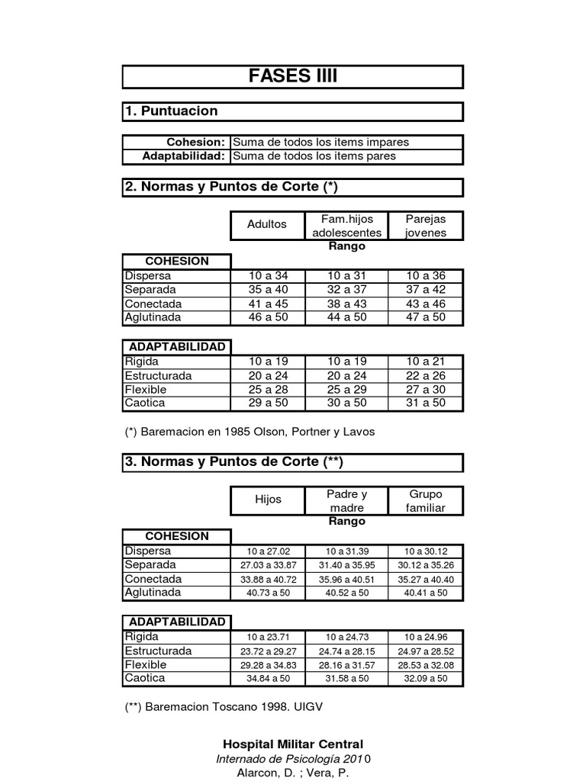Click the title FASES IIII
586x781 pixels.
coord(292,76)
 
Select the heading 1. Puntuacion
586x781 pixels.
coord(172,111)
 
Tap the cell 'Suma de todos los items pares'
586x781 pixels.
coord(314,156)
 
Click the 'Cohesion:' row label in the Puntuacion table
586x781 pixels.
coord(196,143)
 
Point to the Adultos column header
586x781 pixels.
coord(267,224)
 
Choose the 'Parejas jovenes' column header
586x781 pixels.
coord(426,225)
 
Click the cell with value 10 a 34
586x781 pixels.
coord(267,275)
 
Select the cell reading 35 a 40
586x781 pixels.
coord(267,289)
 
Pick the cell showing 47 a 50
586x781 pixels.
coord(426,317)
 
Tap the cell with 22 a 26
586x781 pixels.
coord(426,375)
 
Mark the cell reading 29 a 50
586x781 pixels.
coord(267,403)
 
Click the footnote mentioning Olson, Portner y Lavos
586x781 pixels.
coord(250,432)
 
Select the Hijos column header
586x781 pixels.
coord(268,500)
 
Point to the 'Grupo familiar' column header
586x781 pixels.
coord(426,500)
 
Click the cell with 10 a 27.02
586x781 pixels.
coord(268,551)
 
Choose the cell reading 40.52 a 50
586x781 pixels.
coord(346,593)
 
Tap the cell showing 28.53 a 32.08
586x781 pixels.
coord(426,665)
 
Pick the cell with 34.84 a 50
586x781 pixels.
coord(268,679)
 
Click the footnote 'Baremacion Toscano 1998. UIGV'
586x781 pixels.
coord(224,707)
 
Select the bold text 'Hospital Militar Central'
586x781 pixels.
coord(293,744)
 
